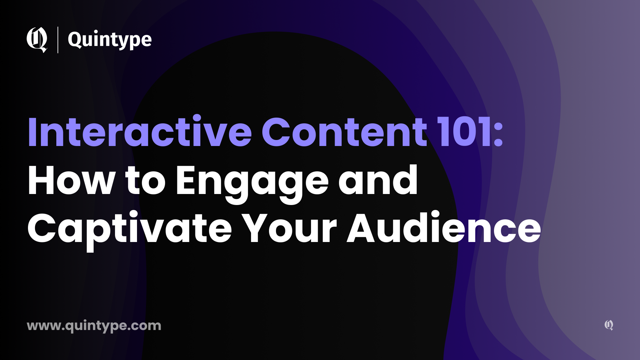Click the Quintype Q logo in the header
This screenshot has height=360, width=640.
pos(37,40)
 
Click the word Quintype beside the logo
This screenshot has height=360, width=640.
pos(110,40)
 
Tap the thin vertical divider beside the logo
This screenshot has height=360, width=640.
pos(58,40)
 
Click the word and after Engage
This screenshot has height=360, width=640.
pos(378,181)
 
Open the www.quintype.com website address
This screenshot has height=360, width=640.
pos(94,326)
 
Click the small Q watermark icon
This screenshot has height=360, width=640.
pos(609,325)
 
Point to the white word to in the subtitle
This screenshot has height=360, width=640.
pos(145,182)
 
